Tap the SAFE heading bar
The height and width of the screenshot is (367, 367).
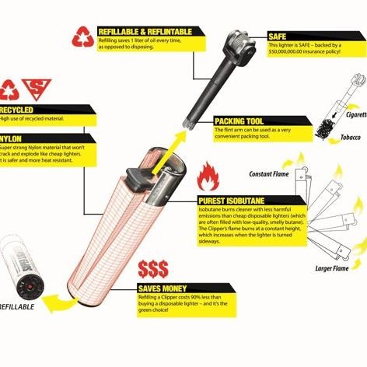click(278, 37)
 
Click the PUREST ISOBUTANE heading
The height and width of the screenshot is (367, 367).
click(233, 200)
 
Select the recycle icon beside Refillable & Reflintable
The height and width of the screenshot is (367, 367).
click(82, 37)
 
